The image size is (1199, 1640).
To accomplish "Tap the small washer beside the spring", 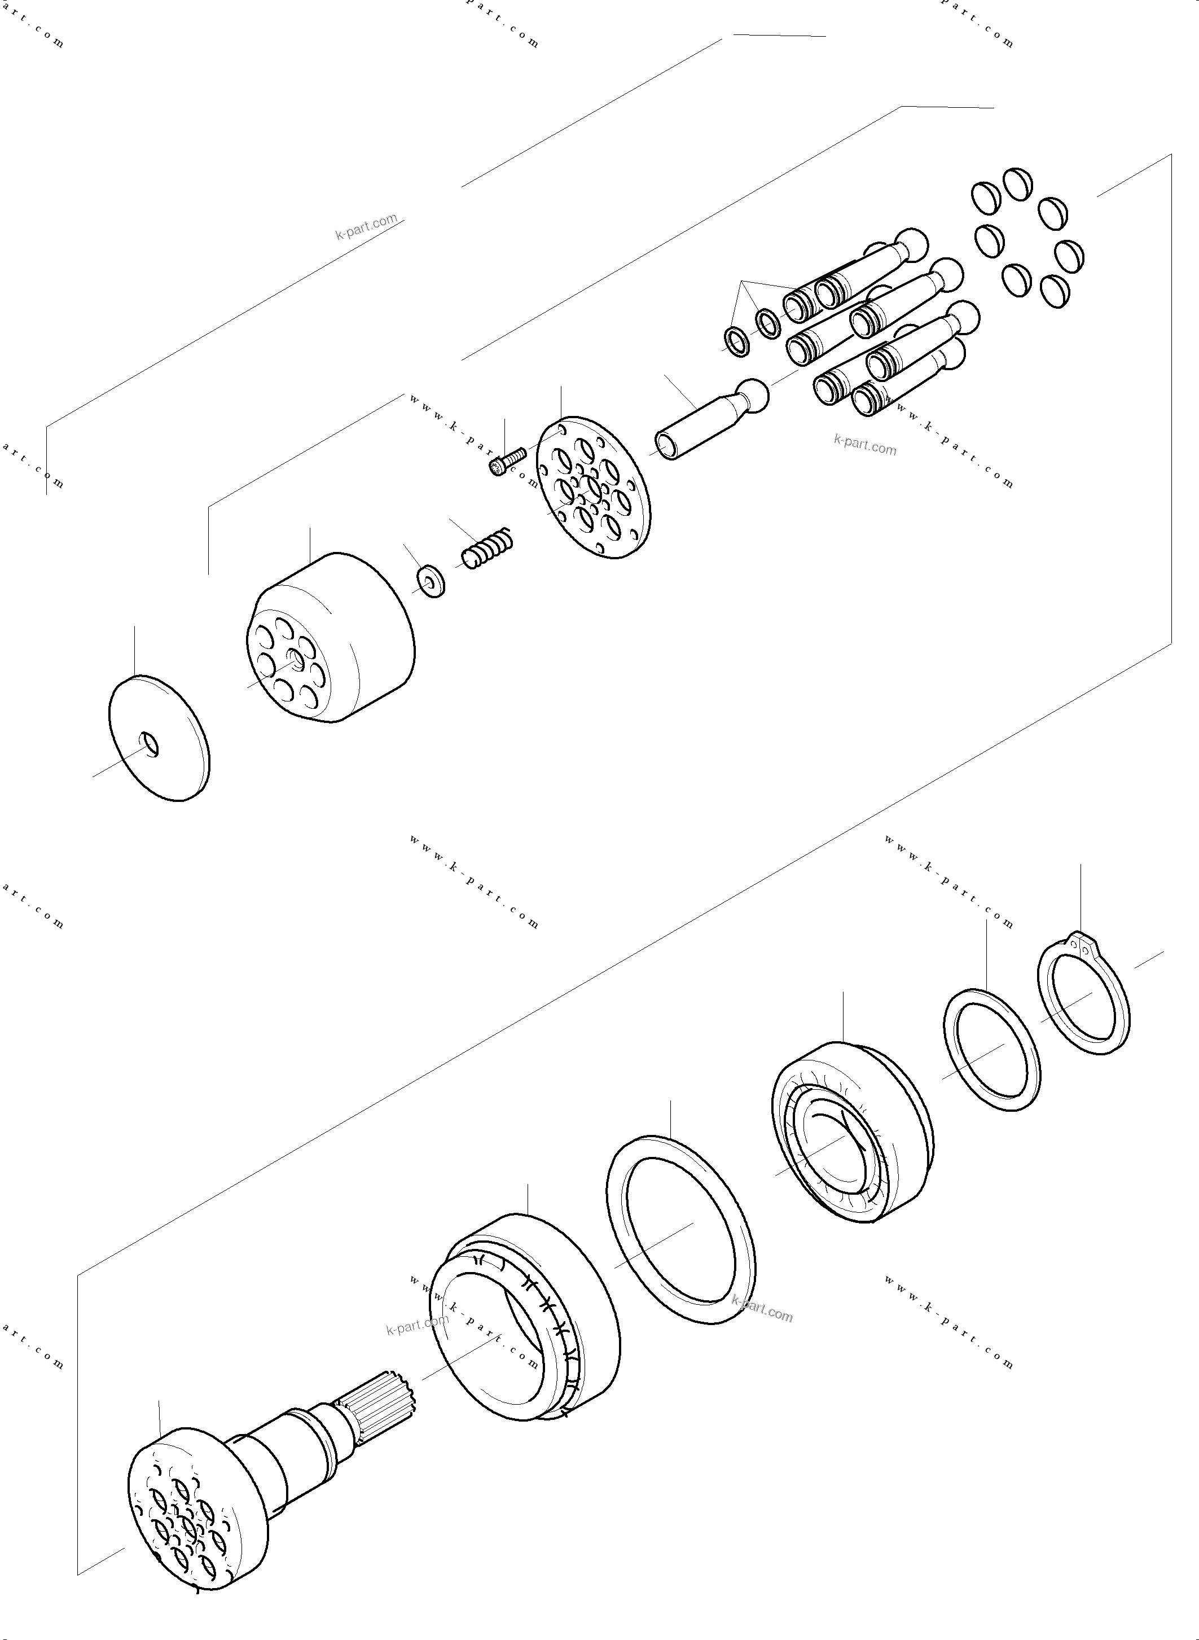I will (431, 583).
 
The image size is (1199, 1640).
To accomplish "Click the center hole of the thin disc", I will (150, 745).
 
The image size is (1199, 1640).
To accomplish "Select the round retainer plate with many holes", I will (593, 487).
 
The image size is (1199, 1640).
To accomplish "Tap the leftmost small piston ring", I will (737, 342).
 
